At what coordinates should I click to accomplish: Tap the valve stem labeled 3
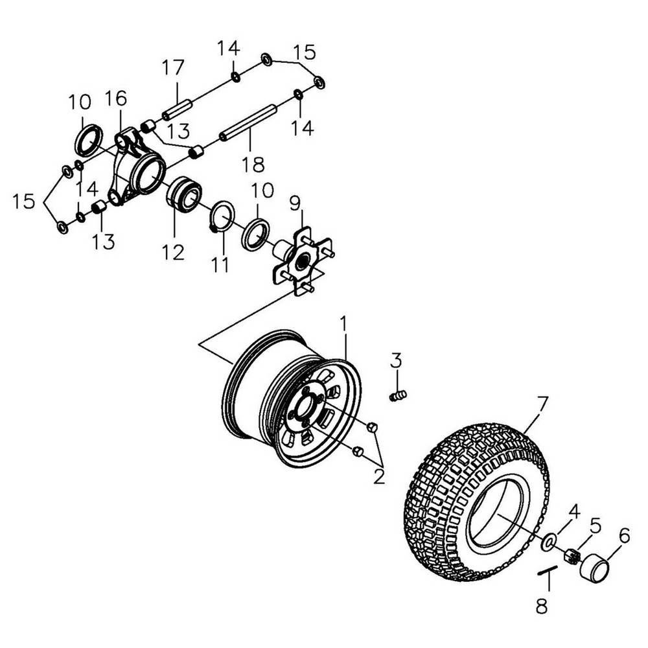coord(398,394)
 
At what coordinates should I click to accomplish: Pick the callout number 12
coord(173,251)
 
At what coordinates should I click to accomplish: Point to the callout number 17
coord(173,67)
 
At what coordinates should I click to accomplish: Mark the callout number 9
coord(295,204)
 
